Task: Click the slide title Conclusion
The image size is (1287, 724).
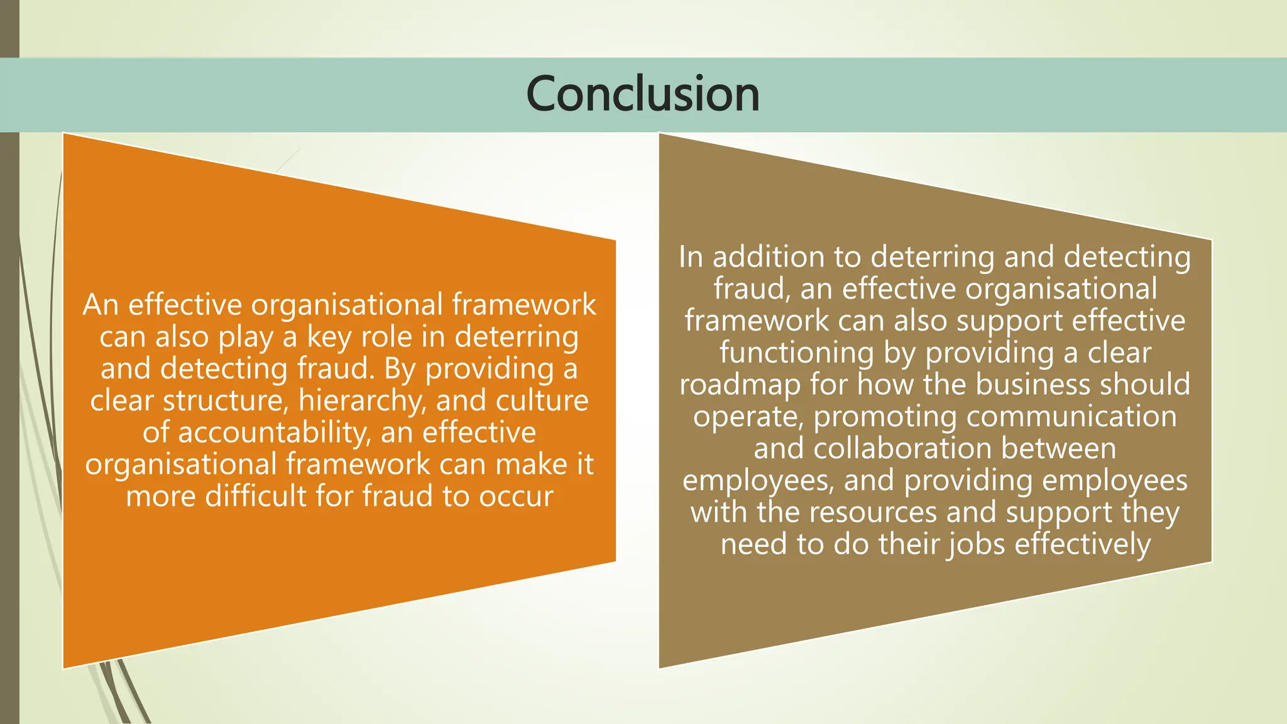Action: click(x=643, y=94)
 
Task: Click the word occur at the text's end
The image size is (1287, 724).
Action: click(x=516, y=496)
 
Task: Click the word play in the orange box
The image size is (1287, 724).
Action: click(x=246, y=337)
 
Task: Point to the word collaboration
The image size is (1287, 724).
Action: click(x=902, y=449)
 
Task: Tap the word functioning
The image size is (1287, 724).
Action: click(x=796, y=353)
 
